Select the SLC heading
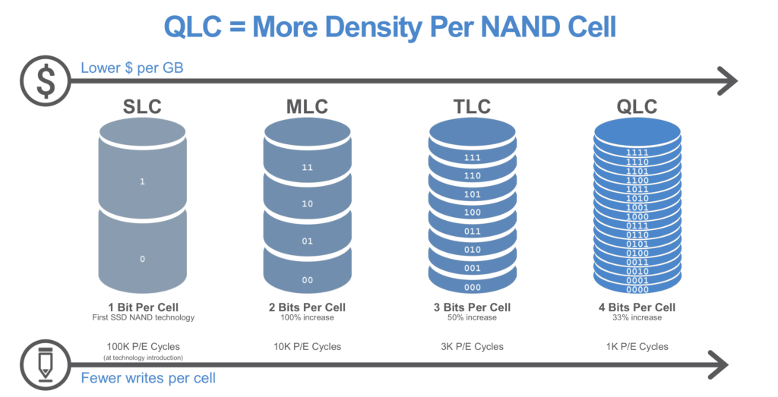(x=143, y=107)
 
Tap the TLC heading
(x=473, y=107)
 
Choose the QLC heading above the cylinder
(x=637, y=107)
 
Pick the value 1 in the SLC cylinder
(x=142, y=181)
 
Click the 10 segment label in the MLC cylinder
(x=307, y=204)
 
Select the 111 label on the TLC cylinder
(x=473, y=158)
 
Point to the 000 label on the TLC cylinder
(x=473, y=288)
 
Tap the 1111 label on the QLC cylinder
(x=637, y=153)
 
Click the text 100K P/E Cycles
(x=142, y=346)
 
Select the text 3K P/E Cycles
(x=473, y=346)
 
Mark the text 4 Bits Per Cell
(x=637, y=307)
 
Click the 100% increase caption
(x=307, y=318)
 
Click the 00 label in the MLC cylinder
(x=307, y=280)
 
